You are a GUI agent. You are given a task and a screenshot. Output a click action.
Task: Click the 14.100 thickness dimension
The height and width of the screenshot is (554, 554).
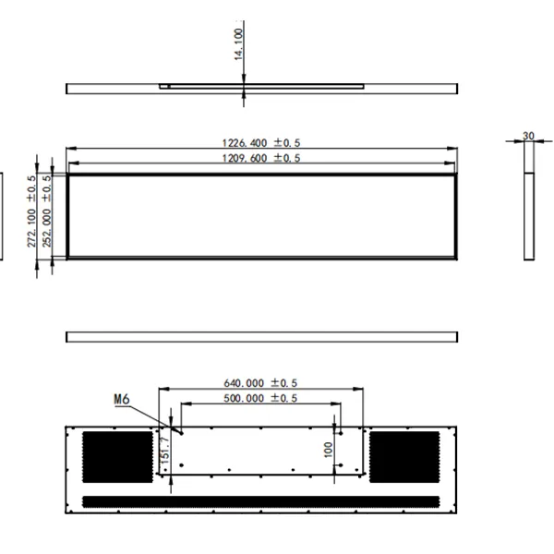239,44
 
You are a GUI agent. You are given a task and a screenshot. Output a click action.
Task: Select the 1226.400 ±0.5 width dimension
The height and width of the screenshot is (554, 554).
261,143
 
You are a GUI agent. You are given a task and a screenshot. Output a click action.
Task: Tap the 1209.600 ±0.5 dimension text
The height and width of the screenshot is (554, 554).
261,158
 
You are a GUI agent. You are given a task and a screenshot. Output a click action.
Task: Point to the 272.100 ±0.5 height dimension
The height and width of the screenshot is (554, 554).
31,211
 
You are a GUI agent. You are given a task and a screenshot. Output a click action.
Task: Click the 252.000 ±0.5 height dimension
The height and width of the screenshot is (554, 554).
47,211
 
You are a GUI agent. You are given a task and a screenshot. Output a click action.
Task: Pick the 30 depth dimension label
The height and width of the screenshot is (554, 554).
528,136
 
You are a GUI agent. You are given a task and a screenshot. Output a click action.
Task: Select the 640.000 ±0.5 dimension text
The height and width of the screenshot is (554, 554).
260,383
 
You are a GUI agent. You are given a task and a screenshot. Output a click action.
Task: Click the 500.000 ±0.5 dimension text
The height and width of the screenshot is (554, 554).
260,398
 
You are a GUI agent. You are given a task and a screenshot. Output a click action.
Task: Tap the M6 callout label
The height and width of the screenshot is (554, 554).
122,399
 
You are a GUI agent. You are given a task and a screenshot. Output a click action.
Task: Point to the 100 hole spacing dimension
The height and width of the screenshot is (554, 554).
328,450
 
